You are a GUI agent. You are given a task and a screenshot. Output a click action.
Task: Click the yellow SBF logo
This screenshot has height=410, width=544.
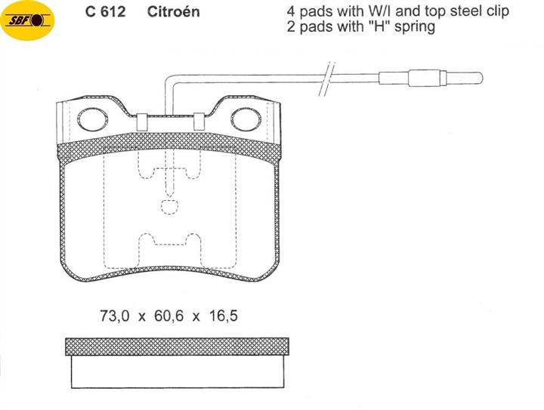[x=27, y=20]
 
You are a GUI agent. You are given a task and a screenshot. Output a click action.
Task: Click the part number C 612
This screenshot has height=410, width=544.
[x=105, y=12]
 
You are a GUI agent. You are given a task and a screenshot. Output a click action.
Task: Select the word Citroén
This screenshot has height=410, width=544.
[x=174, y=11]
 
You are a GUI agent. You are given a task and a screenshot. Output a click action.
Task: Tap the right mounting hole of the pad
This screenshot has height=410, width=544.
[x=246, y=119]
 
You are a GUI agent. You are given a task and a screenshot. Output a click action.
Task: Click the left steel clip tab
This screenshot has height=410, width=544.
[x=142, y=122]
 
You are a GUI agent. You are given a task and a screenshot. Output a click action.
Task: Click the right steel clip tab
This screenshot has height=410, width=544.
[x=199, y=122]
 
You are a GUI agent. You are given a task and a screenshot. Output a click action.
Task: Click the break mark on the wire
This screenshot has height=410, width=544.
[x=327, y=79]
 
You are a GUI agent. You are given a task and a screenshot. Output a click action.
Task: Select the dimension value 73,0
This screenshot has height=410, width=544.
[x=115, y=316]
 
